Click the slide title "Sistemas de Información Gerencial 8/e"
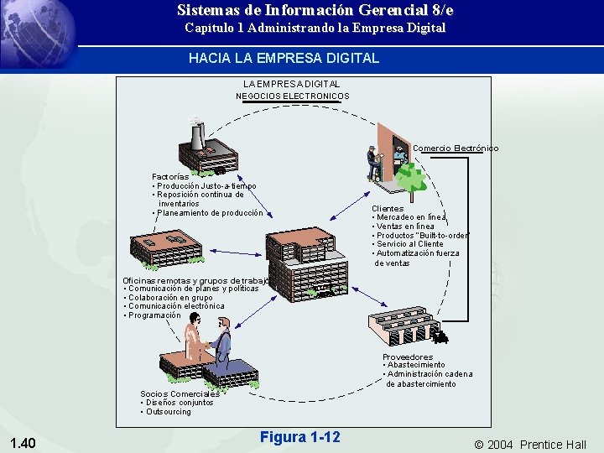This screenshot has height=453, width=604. pos(315,11)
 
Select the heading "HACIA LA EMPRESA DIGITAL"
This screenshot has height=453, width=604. pos(284,59)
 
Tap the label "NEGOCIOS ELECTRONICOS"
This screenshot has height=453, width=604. pos(292,96)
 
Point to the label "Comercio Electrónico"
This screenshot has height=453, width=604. pos(456,148)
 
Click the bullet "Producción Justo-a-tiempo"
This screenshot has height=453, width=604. pos(206,186)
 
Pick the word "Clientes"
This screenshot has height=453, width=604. pos(388,209)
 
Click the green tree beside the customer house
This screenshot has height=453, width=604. pos(410,176)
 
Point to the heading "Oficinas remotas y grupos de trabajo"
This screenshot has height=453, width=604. pos(195,280)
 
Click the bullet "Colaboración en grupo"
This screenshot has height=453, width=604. pos(170,298)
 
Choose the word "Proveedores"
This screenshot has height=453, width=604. pos(408,357)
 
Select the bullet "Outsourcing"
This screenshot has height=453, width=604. pos(168,412)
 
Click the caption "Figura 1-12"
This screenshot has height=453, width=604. pos(299,437)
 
